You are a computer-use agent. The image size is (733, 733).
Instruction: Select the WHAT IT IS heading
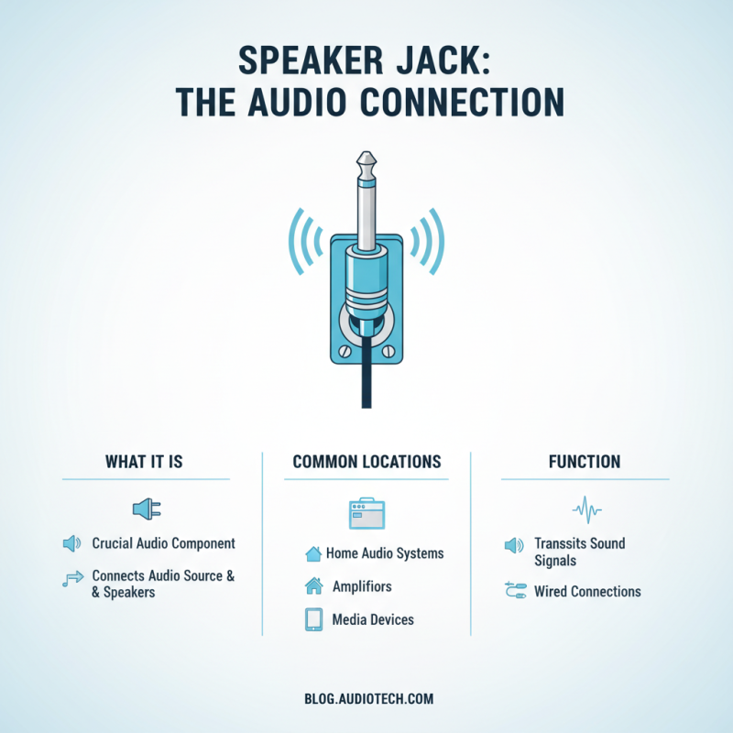point(145,462)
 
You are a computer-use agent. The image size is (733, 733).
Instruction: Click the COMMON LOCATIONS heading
point(366,462)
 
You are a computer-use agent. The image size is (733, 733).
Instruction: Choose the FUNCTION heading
point(585,462)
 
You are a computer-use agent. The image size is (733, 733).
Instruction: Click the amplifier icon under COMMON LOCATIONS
point(366,513)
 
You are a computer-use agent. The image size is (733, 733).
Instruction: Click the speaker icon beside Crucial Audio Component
point(71,544)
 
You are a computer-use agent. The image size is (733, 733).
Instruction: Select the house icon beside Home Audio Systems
point(313,553)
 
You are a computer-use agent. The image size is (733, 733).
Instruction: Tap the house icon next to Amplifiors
point(313,585)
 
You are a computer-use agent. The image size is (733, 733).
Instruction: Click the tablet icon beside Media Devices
point(313,620)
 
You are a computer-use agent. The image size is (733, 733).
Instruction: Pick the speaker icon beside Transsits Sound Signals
point(514,546)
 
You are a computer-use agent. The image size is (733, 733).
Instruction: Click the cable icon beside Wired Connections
point(514,592)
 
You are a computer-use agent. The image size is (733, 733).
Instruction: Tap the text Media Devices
point(373,620)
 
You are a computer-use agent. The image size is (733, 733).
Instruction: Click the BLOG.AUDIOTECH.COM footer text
point(368,699)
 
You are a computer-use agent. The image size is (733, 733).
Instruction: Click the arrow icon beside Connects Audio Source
point(71,578)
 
